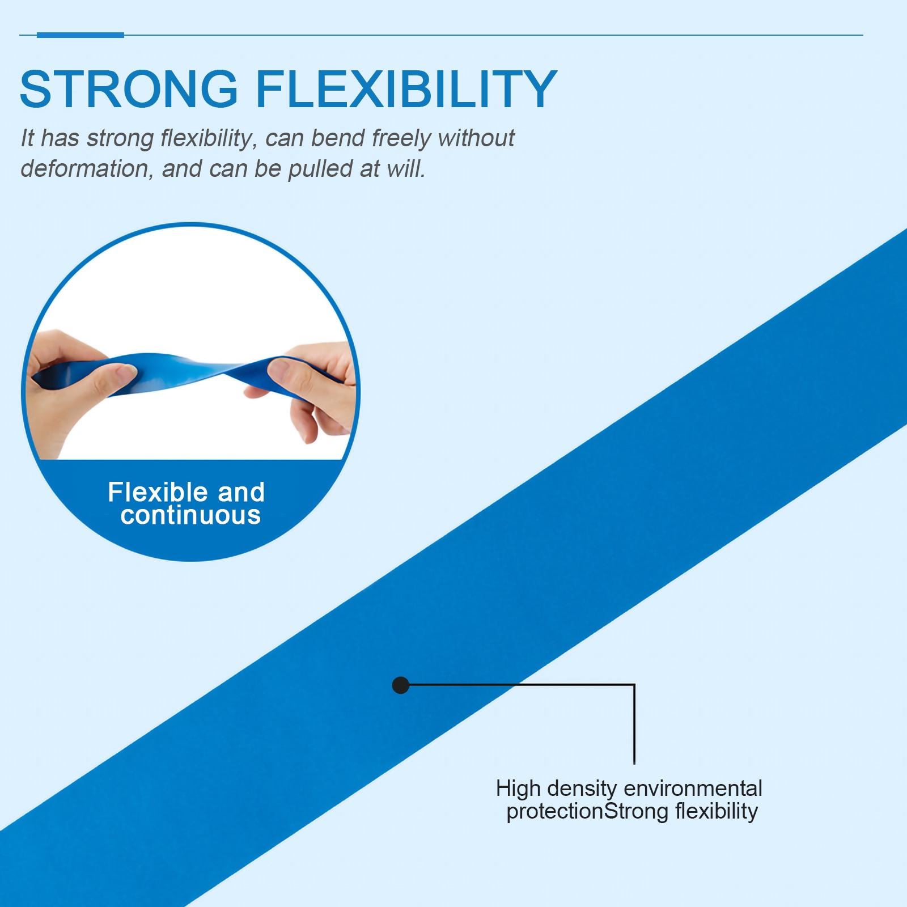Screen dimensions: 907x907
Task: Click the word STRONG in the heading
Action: tap(129, 89)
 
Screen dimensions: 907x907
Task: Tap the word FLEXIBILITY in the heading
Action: tap(406, 89)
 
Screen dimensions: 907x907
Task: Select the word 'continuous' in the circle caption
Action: tap(190, 515)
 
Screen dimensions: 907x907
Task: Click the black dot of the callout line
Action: tap(401, 685)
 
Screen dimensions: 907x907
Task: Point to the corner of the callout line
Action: tap(634, 685)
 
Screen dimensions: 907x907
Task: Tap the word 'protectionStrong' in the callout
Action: tap(587, 812)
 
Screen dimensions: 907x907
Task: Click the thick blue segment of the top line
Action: tap(80, 35)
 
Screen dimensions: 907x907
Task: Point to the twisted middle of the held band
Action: tap(224, 371)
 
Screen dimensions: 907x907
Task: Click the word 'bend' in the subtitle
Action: tap(338, 138)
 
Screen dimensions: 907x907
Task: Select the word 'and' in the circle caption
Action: tap(241, 491)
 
